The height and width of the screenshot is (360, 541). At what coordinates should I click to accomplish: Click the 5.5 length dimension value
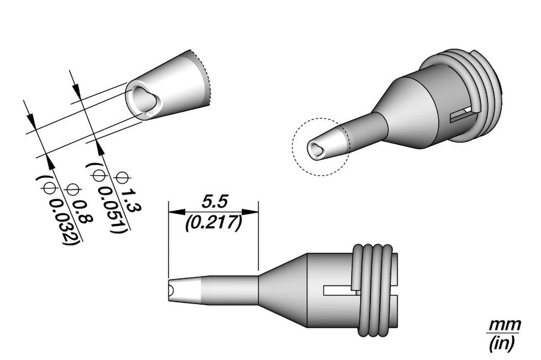pos(213,202)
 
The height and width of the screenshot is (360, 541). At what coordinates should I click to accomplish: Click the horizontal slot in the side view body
pos(338,290)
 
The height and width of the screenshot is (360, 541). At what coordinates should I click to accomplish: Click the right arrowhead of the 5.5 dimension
pos(254,212)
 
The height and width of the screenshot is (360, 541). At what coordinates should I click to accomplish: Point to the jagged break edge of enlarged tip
pos(208,79)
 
